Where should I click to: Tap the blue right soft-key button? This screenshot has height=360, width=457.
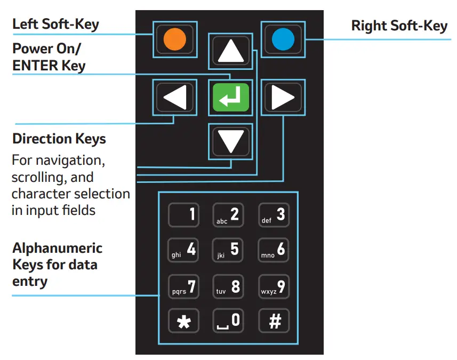(282, 39)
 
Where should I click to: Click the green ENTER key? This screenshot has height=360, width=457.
(230, 97)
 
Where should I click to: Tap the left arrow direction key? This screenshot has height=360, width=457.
(175, 97)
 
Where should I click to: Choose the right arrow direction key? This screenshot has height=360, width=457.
(283, 97)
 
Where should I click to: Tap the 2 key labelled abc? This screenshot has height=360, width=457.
(229, 215)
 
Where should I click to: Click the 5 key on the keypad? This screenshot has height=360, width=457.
(229, 250)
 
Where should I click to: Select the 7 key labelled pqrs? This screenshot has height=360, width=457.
(184, 286)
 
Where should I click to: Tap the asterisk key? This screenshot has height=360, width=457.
(184, 322)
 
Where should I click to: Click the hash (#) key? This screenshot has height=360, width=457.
(274, 322)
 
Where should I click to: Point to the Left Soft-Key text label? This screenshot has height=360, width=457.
(55, 24)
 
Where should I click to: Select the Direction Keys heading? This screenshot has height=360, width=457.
(59, 139)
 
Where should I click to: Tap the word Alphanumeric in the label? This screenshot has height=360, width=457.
(57, 248)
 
